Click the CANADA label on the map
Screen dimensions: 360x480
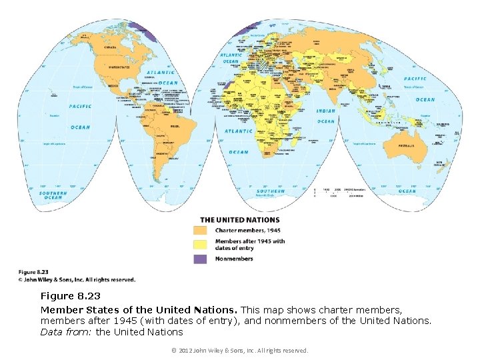(x=109, y=48)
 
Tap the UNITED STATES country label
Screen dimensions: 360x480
(x=120, y=67)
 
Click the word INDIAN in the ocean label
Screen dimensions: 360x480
(x=326, y=111)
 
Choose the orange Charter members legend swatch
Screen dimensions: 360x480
(x=201, y=230)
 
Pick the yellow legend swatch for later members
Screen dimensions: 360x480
(x=201, y=245)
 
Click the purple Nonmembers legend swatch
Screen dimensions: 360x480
(x=201, y=259)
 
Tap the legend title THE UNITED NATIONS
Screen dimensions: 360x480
(x=240, y=220)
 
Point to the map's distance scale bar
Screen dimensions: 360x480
(x=339, y=193)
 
